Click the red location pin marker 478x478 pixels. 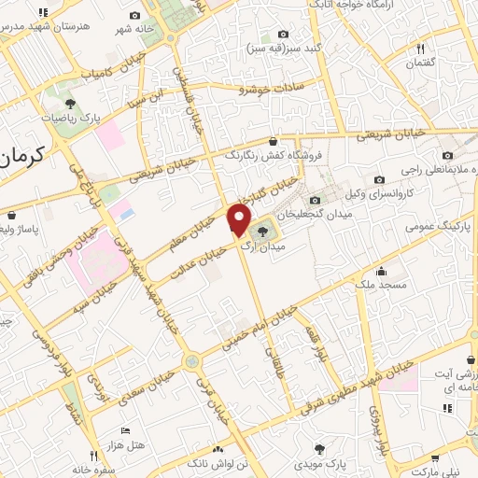coord(238,220)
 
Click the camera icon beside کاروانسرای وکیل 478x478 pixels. coord(378,180)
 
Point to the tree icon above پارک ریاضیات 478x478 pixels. coord(70,103)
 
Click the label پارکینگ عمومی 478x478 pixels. coord(439,225)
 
